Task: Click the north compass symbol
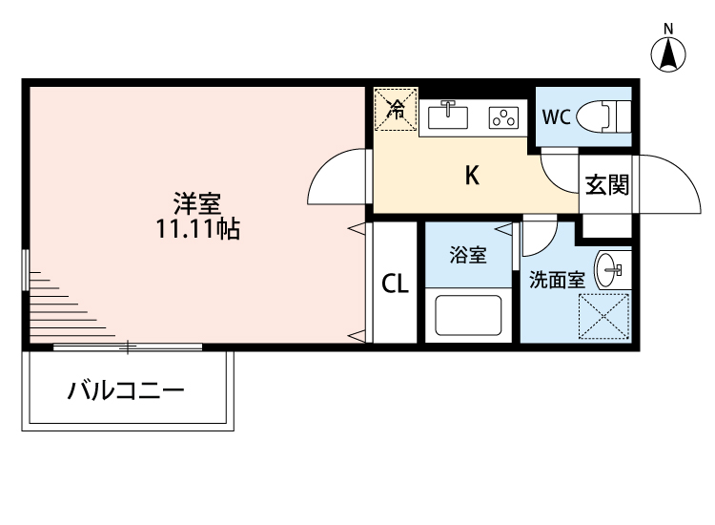pyautogui.click(x=669, y=52)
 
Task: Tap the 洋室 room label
pyautogui.click(x=197, y=203)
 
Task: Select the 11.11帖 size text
pyautogui.click(x=198, y=229)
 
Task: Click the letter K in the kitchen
pyautogui.click(x=471, y=176)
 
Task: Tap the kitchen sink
pyautogui.click(x=448, y=116)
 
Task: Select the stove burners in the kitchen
pyautogui.click(x=502, y=117)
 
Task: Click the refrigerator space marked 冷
pyautogui.click(x=396, y=109)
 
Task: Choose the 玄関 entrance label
pyautogui.click(x=606, y=185)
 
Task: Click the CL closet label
pyautogui.click(x=395, y=283)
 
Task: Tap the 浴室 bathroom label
pyautogui.click(x=468, y=256)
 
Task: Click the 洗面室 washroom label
pyautogui.click(x=557, y=281)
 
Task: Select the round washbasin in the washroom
pyautogui.click(x=608, y=270)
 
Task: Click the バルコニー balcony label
pyautogui.click(x=125, y=390)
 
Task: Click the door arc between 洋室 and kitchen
pyautogui.click(x=337, y=178)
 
